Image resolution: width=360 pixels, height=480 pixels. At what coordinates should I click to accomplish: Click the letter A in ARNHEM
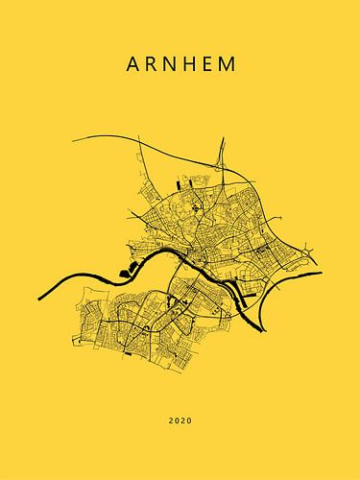tap(132, 65)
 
